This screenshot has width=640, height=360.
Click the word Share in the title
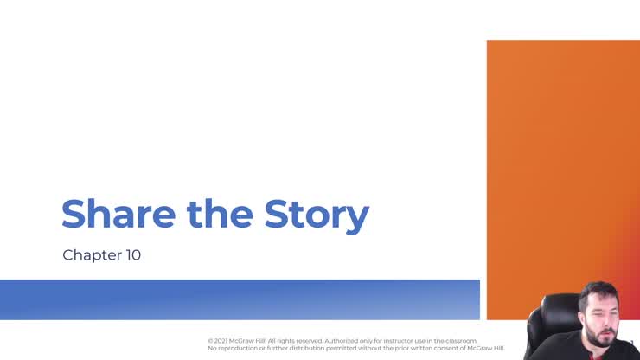[114, 214]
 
